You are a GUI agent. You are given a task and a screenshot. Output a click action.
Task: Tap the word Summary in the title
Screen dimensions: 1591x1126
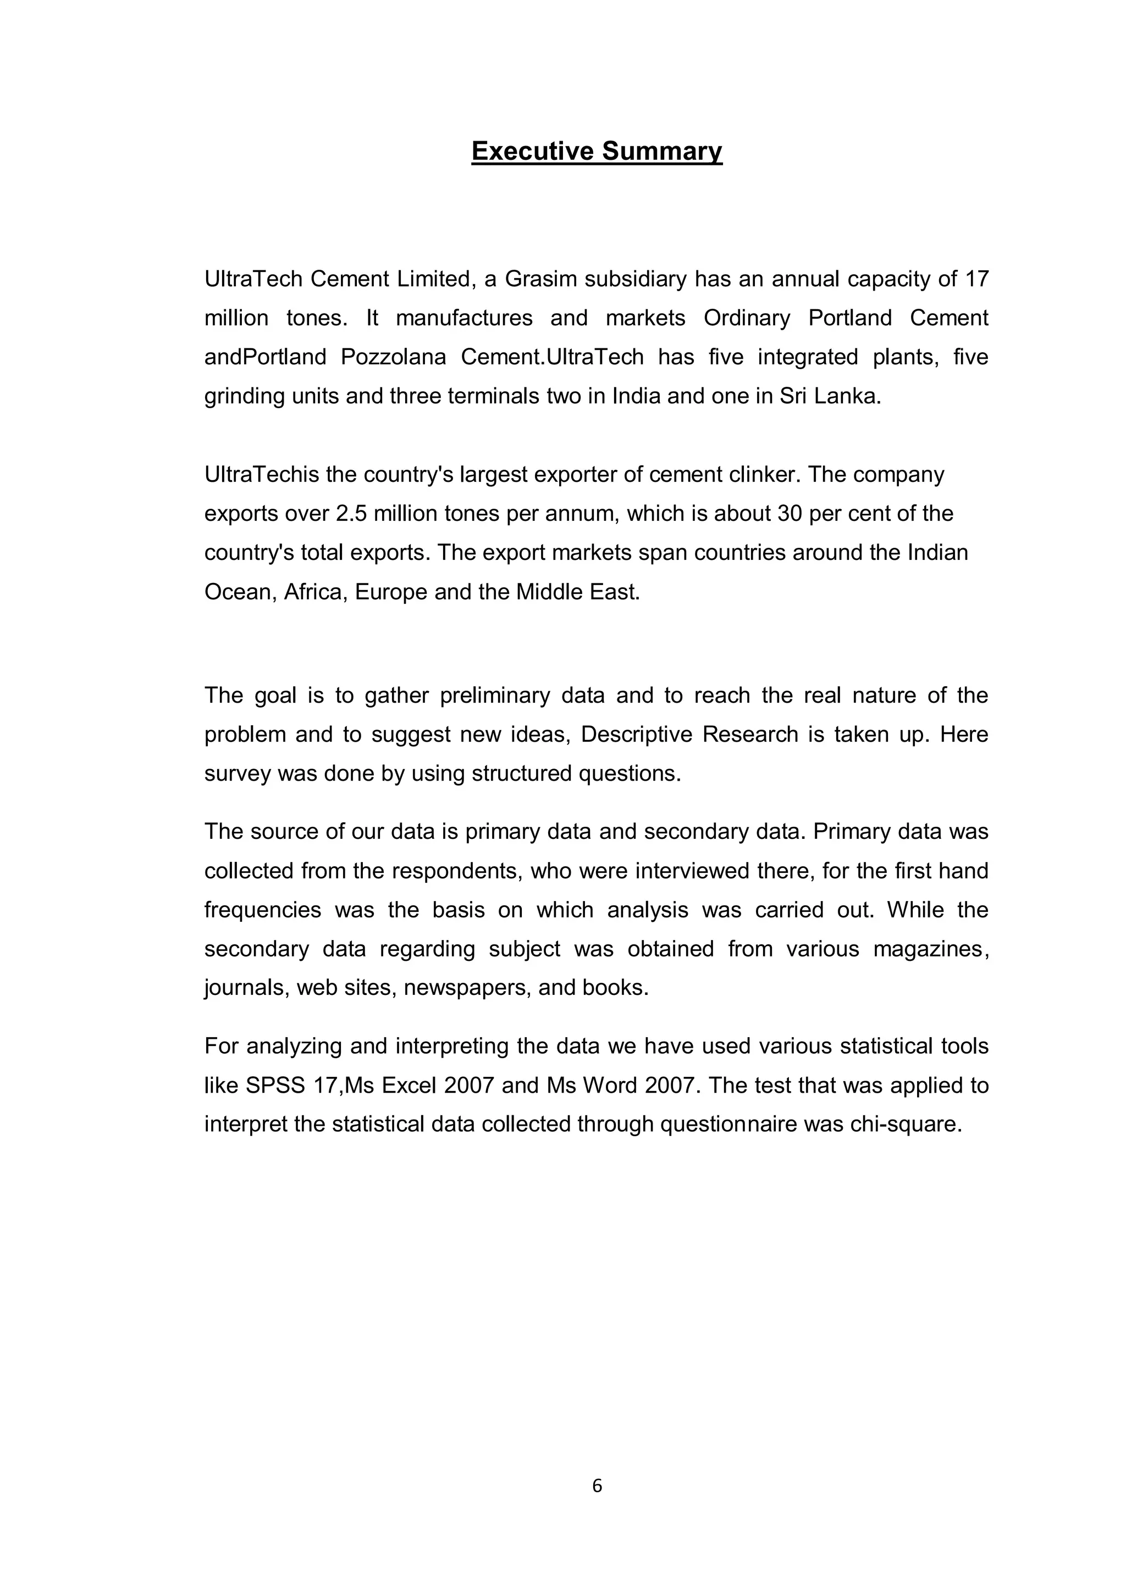[662, 151]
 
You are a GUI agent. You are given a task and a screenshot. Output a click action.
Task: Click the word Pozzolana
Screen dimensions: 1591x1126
[393, 357]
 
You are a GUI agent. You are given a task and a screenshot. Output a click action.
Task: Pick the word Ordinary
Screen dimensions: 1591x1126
[747, 318]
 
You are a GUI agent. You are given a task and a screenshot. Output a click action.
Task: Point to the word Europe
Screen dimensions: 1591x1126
[391, 592]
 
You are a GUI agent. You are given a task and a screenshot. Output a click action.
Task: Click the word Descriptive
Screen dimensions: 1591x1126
[637, 734]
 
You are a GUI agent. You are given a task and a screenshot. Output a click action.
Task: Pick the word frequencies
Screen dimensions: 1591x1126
[263, 909]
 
